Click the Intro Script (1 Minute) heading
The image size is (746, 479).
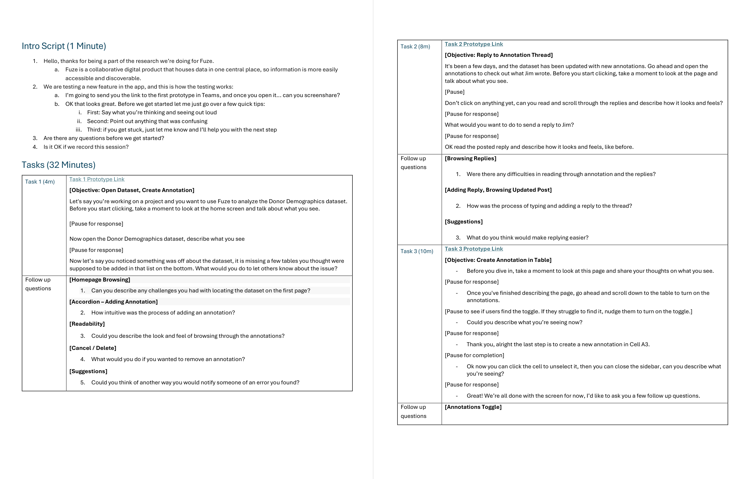(x=64, y=46)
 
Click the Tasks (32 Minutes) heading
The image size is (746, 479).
(x=58, y=165)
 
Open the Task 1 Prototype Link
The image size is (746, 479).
(x=97, y=179)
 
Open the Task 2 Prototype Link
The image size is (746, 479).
(x=474, y=44)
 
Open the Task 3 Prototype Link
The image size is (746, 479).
(x=474, y=249)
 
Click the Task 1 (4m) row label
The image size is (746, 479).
(x=40, y=182)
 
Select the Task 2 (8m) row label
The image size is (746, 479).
(x=415, y=47)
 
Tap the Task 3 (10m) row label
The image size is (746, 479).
(x=417, y=251)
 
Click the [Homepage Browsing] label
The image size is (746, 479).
(x=100, y=280)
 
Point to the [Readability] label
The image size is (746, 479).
(x=87, y=324)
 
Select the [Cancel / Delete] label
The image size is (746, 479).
(x=93, y=348)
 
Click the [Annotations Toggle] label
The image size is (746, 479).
(x=473, y=407)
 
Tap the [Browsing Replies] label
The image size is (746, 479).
(x=470, y=158)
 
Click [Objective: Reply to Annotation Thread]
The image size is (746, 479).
(x=498, y=55)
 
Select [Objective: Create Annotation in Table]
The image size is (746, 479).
(x=498, y=260)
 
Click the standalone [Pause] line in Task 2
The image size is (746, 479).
(x=454, y=92)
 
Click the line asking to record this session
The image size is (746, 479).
(x=86, y=147)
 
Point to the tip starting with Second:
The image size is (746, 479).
(x=147, y=121)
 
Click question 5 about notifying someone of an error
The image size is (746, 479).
(x=195, y=383)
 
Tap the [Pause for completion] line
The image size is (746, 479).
(x=474, y=355)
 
